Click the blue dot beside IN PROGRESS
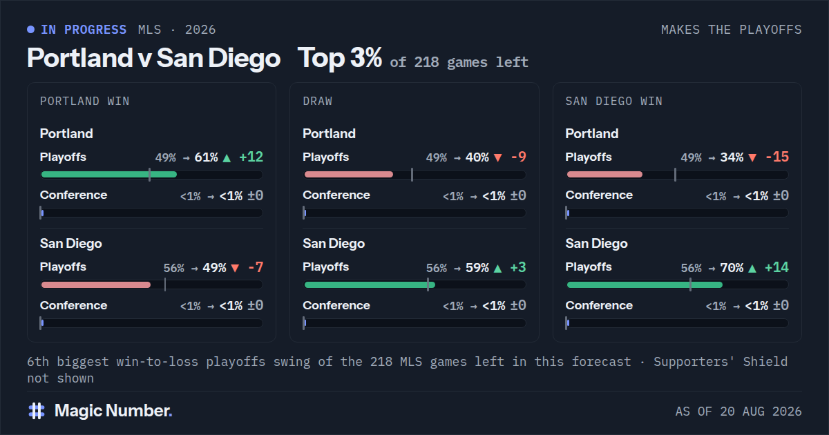30,30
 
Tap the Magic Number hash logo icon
37,411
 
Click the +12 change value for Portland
251,157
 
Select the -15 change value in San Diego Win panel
777,157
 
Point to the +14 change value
776,267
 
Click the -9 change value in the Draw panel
519,157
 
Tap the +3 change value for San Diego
518,267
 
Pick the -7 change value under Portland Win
256,267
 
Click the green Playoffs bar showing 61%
109,175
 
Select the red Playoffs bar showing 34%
604,175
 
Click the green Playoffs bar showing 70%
645,284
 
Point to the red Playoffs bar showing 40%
349,175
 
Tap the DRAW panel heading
318,101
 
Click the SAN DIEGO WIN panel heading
614,101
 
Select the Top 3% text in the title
340,58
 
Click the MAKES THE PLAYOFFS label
732,30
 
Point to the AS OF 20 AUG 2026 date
739,412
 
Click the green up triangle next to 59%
498,269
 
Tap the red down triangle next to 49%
235,268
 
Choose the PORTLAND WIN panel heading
85,101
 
